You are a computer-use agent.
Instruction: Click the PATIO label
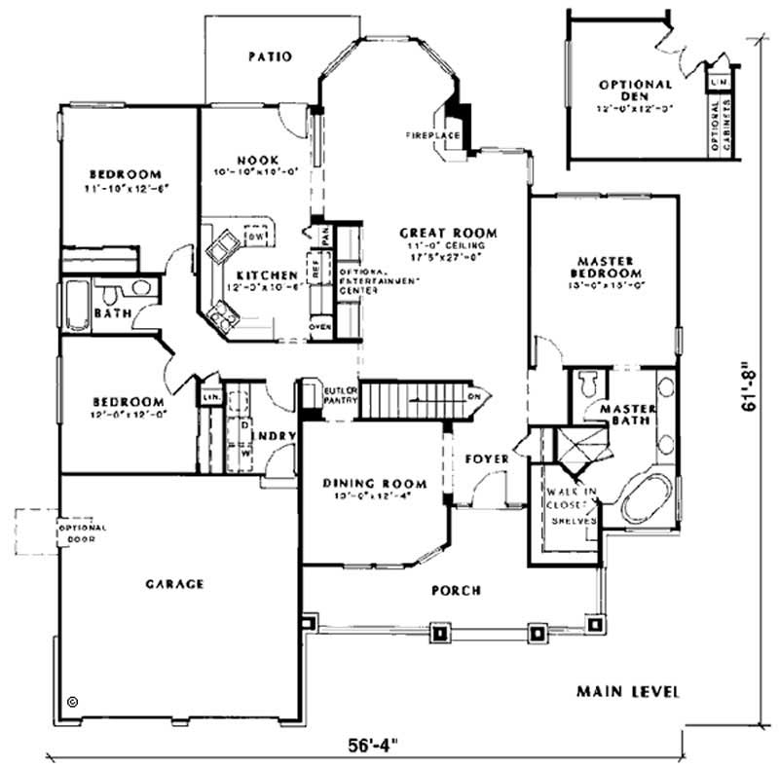click(270, 56)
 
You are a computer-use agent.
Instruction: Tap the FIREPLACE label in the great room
click(426, 135)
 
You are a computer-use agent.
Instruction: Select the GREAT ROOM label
click(448, 234)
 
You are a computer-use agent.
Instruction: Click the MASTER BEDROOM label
click(606, 268)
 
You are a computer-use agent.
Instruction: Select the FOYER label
click(482, 457)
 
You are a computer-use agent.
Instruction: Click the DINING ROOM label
click(374, 484)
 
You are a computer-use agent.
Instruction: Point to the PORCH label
click(456, 590)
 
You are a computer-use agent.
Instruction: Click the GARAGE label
click(174, 584)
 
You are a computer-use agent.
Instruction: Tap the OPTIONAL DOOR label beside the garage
click(83, 532)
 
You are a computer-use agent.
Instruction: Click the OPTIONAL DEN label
click(636, 91)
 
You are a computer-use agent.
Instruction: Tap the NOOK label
click(257, 160)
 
